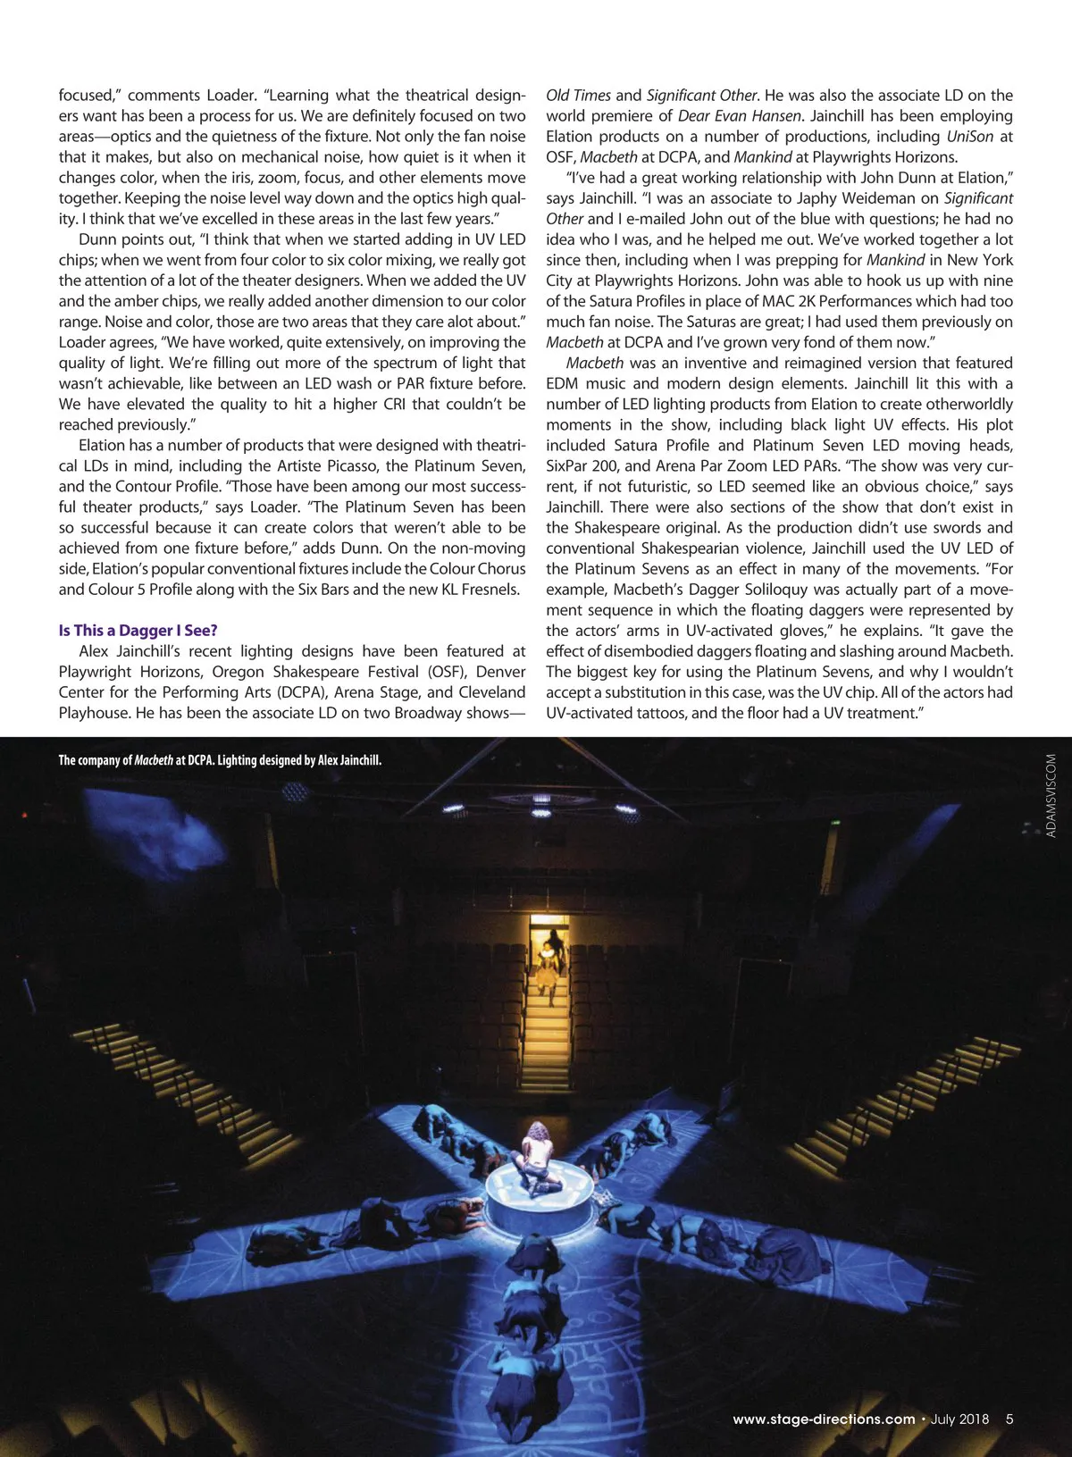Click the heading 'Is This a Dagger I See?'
tap(138, 631)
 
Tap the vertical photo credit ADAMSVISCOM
tap(1051, 796)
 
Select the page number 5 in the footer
tap(1009, 1419)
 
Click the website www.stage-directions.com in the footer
tap(824, 1419)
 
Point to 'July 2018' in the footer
tap(959, 1419)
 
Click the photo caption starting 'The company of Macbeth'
tap(220, 760)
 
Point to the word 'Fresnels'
tap(487, 590)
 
